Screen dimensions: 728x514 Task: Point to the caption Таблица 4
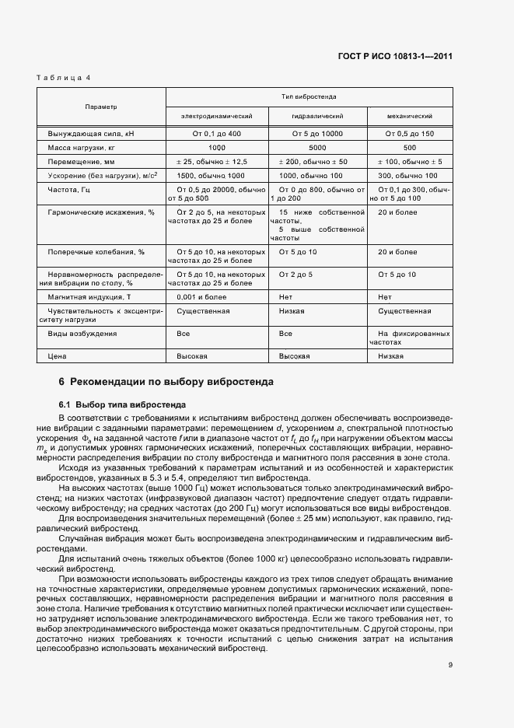pyautogui.click(x=63, y=77)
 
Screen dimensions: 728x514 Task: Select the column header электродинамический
pyautogui.click(x=217, y=116)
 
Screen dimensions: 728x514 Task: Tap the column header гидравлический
pyautogui.click(x=317, y=116)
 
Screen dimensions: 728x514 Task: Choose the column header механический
pyautogui.click(x=409, y=116)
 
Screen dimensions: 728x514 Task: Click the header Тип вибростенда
pyautogui.click(x=309, y=97)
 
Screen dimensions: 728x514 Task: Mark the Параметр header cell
pyautogui.click(x=101, y=107)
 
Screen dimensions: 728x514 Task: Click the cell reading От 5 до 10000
pyautogui.click(x=318, y=134)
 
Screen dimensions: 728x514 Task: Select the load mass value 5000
pyautogui.click(x=317, y=147)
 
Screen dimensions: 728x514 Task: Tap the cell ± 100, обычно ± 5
pyautogui.click(x=410, y=161)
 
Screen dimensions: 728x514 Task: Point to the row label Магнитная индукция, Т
pyautogui.click(x=89, y=297)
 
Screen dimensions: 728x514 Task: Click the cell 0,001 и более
pyautogui.click(x=198, y=297)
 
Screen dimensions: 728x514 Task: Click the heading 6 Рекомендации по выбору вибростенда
pyautogui.click(x=166, y=382)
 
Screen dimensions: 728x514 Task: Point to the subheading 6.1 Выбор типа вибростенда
pyautogui.click(x=122, y=404)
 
